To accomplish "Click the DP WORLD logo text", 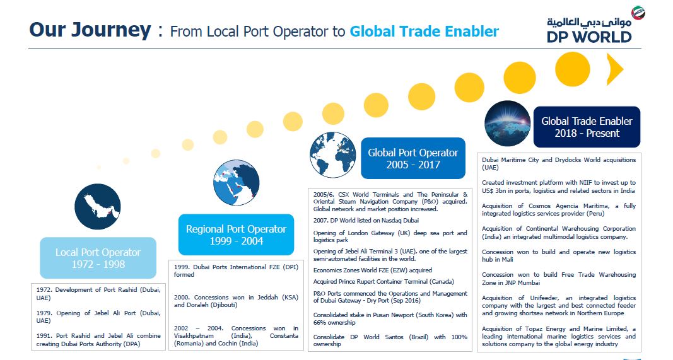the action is tap(589, 37).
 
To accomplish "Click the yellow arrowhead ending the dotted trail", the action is tap(614, 69).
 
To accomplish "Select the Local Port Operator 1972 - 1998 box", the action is tap(98, 258).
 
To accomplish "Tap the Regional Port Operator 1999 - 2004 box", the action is tap(236, 235).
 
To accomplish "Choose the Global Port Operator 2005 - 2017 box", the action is tap(413, 158).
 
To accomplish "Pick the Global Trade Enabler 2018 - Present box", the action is tap(587, 127).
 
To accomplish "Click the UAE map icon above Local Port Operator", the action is tap(97, 206).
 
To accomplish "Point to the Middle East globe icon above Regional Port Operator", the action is tap(236, 183).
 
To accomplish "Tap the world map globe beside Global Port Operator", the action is tap(332, 155).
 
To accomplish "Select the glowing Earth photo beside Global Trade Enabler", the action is tap(507, 124).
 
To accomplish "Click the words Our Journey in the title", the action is tap(90, 30).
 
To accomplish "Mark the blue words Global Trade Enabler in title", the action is tap(424, 32).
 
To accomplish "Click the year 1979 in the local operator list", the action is tap(44, 313).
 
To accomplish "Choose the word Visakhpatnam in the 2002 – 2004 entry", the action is tap(194, 336).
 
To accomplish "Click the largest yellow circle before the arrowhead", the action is tap(573, 69).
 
